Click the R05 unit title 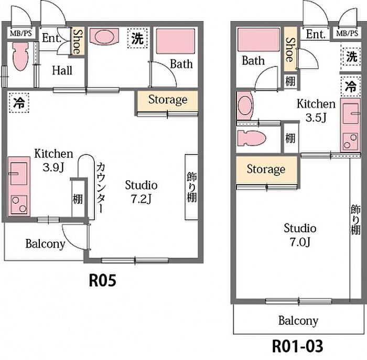[x=101, y=281]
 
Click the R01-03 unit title [x=297, y=346]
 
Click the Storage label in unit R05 [x=167, y=100]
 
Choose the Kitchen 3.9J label [x=53, y=159]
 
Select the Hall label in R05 [x=62, y=70]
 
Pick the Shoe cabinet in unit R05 [x=77, y=41]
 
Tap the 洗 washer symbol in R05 [x=137, y=38]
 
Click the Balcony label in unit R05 [x=46, y=244]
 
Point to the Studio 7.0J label [x=300, y=234]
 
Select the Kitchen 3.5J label [x=316, y=110]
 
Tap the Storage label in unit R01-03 [x=266, y=169]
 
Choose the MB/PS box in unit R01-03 [x=348, y=34]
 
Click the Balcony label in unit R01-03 [x=298, y=320]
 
